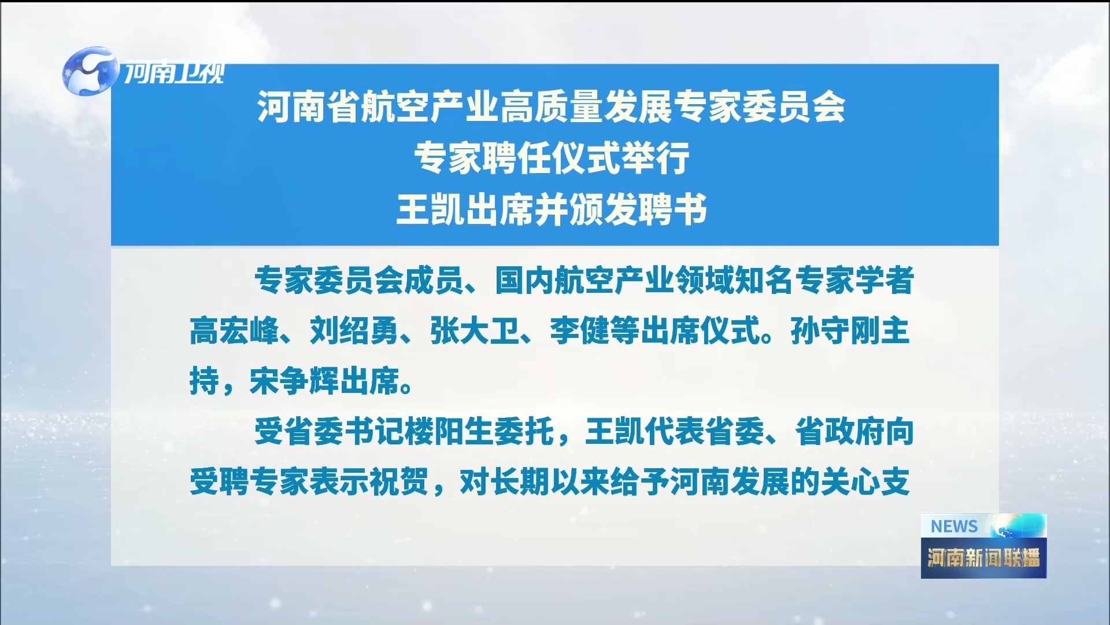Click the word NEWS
pyautogui.click(x=954, y=527)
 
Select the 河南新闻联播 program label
pyautogui.click(x=983, y=557)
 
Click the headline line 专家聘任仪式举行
pyautogui.click(x=552, y=159)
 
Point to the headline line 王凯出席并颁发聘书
pyautogui.click(x=552, y=209)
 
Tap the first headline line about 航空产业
pyautogui.click(x=552, y=108)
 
